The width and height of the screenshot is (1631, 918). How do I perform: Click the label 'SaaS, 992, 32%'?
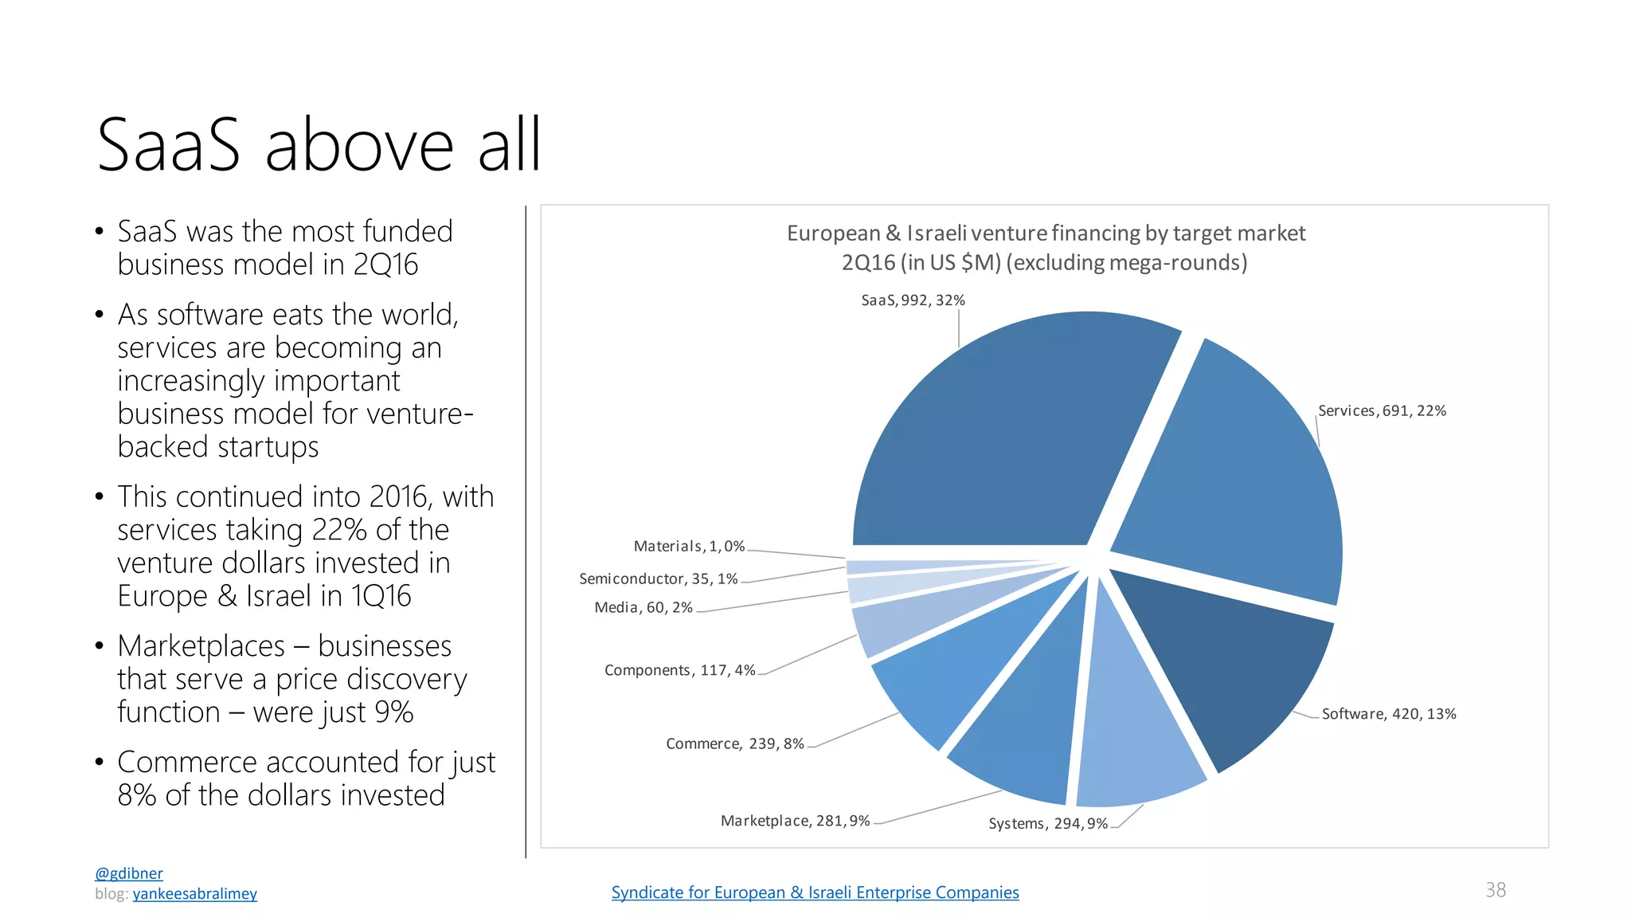click(913, 300)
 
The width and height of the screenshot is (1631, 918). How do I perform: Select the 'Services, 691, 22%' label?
click(1382, 411)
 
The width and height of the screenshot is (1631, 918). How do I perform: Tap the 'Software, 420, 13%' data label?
click(1389, 714)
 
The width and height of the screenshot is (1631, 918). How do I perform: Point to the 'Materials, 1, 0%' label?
click(689, 547)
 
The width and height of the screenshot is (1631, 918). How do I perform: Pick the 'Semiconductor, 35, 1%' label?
click(659, 579)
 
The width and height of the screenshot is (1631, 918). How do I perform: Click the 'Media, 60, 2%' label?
click(643, 608)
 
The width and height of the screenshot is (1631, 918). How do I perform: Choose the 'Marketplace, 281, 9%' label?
click(795, 821)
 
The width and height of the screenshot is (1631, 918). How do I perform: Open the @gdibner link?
click(129, 873)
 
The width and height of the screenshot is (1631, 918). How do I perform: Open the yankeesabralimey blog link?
click(195, 894)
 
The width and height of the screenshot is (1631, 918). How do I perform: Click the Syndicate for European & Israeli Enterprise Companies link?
click(815, 892)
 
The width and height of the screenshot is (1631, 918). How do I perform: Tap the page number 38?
click(1496, 890)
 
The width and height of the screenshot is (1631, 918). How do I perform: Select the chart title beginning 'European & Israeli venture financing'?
click(1046, 248)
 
